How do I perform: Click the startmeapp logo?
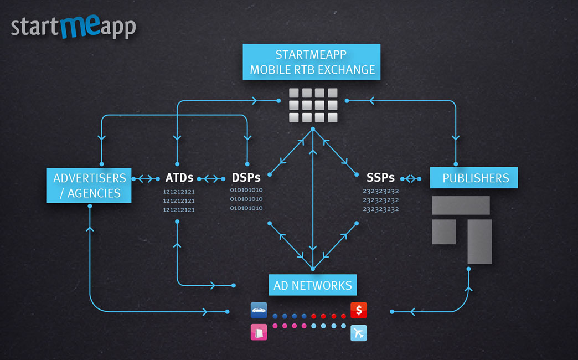[x=73, y=27]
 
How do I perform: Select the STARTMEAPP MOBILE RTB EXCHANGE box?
[x=312, y=62]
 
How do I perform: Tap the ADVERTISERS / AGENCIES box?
[x=89, y=186]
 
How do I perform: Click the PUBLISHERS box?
[x=474, y=178]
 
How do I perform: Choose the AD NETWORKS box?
[x=312, y=285]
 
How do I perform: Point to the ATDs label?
[x=179, y=178]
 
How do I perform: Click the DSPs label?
[x=246, y=178]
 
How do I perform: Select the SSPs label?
[x=380, y=178]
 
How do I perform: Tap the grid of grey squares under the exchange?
[x=313, y=105]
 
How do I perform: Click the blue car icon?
[x=259, y=310]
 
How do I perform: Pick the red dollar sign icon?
[x=359, y=310]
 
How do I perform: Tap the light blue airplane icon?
[x=359, y=333]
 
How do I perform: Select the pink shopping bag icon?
[x=259, y=332]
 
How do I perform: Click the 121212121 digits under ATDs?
[x=179, y=200]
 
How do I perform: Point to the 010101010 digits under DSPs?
[x=246, y=199]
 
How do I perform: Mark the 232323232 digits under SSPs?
[x=381, y=200]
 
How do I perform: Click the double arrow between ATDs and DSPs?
[x=211, y=178]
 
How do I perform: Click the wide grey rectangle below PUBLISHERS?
[x=461, y=205]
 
